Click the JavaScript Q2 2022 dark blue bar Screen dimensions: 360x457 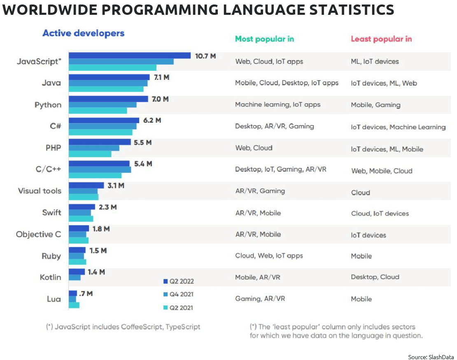(129, 56)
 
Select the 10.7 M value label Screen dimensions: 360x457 (205, 56)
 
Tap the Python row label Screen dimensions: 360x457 (48, 105)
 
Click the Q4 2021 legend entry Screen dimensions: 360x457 (178, 294)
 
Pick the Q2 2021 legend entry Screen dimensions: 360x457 (178, 308)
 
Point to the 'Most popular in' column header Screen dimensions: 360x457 (264, 39)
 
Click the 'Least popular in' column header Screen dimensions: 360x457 (381, 39)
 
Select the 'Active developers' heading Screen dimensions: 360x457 (84, 33)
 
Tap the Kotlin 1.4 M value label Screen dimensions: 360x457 (96, 272)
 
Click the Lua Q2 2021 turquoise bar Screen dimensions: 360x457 (74, 305)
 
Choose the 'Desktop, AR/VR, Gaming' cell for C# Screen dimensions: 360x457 (274, 126)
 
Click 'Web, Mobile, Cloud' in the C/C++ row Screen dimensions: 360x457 (381, 171)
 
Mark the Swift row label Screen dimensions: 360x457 (51, 213)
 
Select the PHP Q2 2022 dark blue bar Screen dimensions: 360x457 (99, 142)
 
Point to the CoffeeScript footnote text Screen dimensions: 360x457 (124, 327)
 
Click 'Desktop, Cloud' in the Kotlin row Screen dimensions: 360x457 (375, 277)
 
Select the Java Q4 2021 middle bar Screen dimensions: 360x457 (108, 83)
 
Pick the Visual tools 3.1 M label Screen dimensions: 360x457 (116, 186)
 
